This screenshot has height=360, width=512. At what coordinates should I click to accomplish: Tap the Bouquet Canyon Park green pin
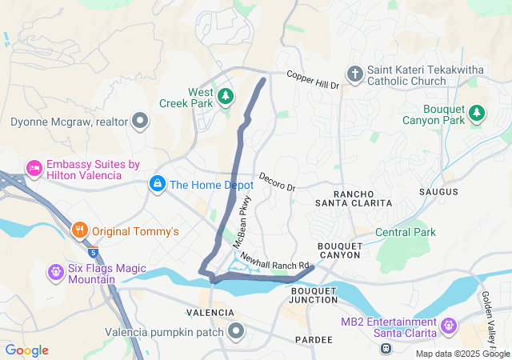coord(478,114)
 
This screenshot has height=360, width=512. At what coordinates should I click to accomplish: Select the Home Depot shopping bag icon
coord(158,185)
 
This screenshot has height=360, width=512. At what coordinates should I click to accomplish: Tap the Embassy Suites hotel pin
coord(34,168)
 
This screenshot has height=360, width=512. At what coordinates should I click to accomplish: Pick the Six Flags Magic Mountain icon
coord(55,272)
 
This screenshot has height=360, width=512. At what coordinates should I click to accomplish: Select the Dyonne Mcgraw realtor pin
coord(141,122)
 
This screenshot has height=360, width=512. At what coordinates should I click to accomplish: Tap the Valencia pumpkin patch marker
coord(237,330)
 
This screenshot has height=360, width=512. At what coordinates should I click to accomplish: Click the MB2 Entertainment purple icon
coord(449,326)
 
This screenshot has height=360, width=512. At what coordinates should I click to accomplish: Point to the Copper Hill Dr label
coord(314,79)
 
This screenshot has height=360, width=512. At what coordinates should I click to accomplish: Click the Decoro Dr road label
coord(277,182)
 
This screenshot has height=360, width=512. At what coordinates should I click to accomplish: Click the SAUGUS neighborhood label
coord(438,192)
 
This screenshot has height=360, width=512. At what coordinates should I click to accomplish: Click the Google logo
coord(27,350)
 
